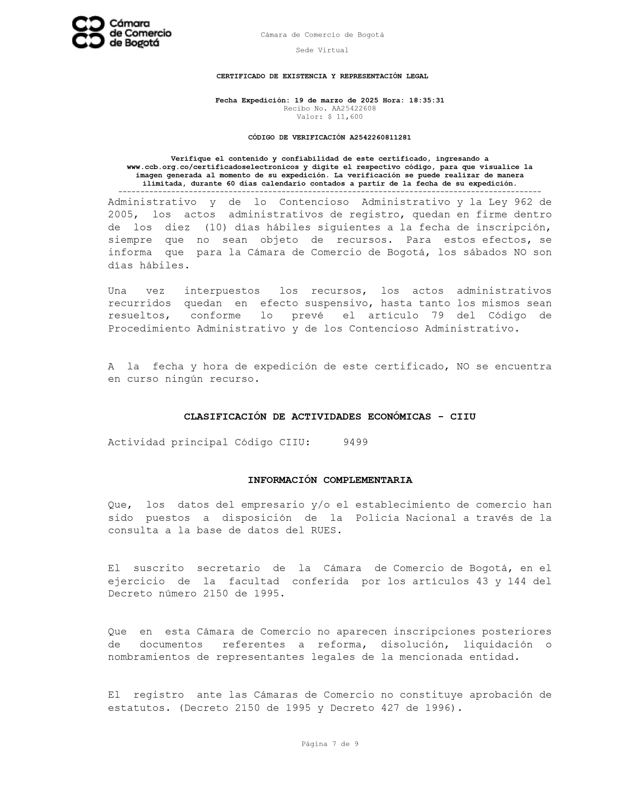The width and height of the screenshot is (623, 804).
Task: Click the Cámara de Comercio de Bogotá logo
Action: [121, 32]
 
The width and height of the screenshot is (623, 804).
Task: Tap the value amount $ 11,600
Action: [345, 117]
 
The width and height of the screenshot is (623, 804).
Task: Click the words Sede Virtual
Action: [322, 50]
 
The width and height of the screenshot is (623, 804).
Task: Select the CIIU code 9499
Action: [355, 442]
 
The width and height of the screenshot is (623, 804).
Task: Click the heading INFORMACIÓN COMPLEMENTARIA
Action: [330, 480]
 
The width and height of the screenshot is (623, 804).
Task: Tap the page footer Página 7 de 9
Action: [330, 744]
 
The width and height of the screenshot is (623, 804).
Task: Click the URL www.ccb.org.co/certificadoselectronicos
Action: [212, 167]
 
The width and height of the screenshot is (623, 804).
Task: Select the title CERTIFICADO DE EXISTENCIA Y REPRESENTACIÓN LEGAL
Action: [322, 76]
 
